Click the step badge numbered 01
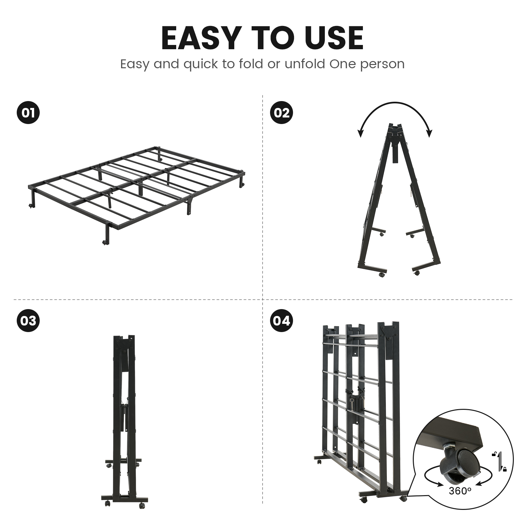[28, 113]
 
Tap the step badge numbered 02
[281, 113]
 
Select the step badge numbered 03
[28, 320]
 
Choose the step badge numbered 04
[281, 320]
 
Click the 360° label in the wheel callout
[460, 491]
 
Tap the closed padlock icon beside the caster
[504, 469]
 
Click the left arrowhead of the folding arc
[361, 133]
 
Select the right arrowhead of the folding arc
[429, 133]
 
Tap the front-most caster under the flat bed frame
[105, 242]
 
